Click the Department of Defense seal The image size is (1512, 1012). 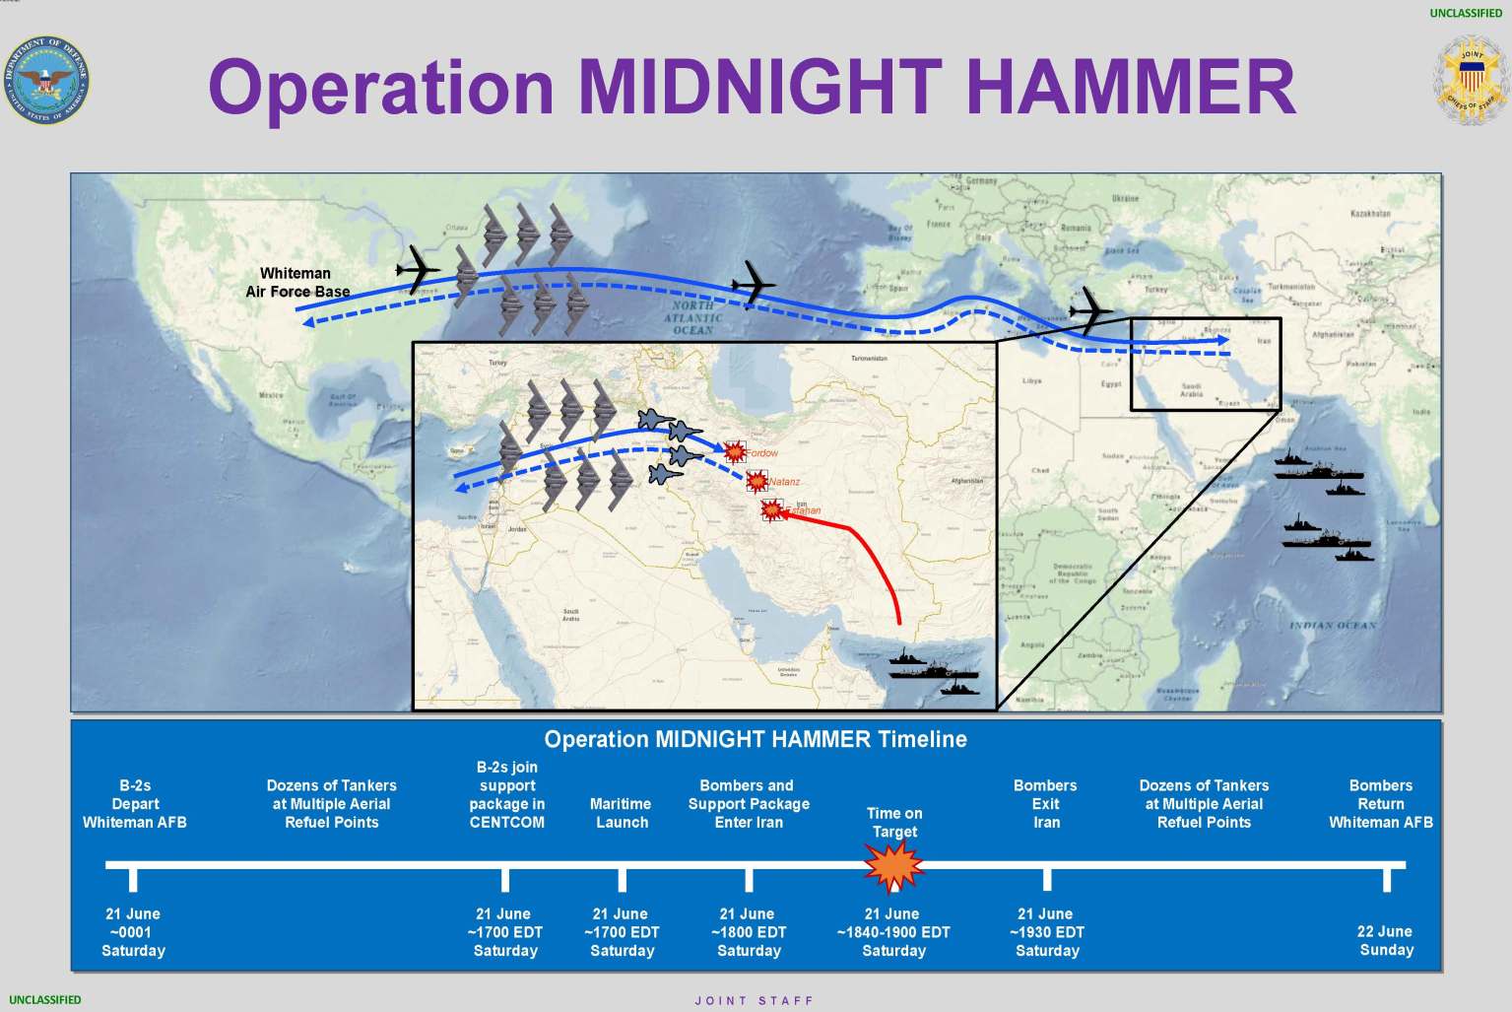(46, 81)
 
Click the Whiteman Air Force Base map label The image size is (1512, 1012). (296, 282)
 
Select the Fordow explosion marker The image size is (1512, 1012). (735, 451)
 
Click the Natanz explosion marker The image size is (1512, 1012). (756, 481)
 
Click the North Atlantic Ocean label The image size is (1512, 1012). (692, 318)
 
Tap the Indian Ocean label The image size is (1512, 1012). (1332, 625)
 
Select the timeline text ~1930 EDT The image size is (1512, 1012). (1046, 932)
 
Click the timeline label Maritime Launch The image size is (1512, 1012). (622, 813)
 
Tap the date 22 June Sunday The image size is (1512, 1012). (1385, 941)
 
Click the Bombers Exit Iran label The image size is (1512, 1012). (1045, 804)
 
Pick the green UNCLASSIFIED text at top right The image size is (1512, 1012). (1466, 13)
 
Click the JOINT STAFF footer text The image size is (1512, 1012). (755, 1000)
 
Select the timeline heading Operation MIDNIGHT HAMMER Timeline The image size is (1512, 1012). (756, 739)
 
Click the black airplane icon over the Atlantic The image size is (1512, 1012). (755, 282)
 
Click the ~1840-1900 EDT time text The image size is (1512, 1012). (893, 932)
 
